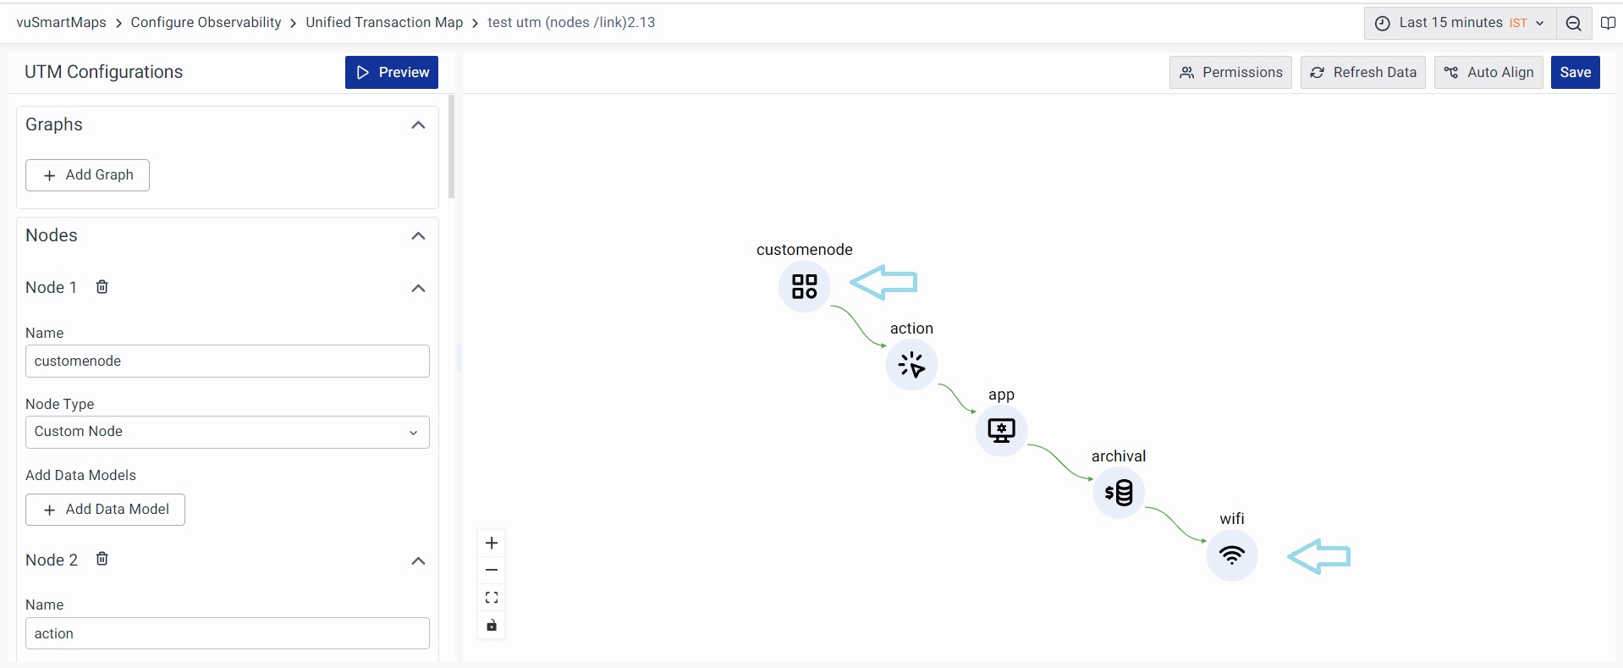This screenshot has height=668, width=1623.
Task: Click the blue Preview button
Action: click(x=392, y=73)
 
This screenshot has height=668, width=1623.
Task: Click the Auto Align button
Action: click(x=1488, y=73)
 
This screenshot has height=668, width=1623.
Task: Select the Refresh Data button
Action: click(x=1362, y=73)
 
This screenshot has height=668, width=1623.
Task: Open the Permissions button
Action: click(x=1230, y=73)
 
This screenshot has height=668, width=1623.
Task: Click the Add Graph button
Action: click(x=87, y=175)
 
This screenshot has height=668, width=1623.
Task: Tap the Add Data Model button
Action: click(x=105, y=510)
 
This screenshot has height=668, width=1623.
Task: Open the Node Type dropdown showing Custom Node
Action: click(x=227, y=432)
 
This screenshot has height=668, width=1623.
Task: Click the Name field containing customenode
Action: click(x=227, y=362)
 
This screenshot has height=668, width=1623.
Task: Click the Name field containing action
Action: click(x=227, y=633)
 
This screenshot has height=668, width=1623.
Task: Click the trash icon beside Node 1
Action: click(x=102, y=287)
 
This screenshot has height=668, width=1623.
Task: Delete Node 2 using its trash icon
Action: click(x=102, y=559)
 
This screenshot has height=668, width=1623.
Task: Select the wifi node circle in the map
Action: click(x=1232, y=555)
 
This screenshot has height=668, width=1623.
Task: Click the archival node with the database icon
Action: click(x=1119, y=492)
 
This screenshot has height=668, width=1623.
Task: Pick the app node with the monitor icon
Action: click(x=1001, y=430)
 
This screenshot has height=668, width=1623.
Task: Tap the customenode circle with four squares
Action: click(x=804, y=286)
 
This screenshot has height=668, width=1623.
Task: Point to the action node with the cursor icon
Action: click(x=911, y=365)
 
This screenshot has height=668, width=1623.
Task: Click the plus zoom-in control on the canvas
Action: click(x=492, y=543)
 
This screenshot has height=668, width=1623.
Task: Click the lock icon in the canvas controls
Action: click(x=492, y=626)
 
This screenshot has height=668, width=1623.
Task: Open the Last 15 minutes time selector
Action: click(x=1460, y=23)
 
